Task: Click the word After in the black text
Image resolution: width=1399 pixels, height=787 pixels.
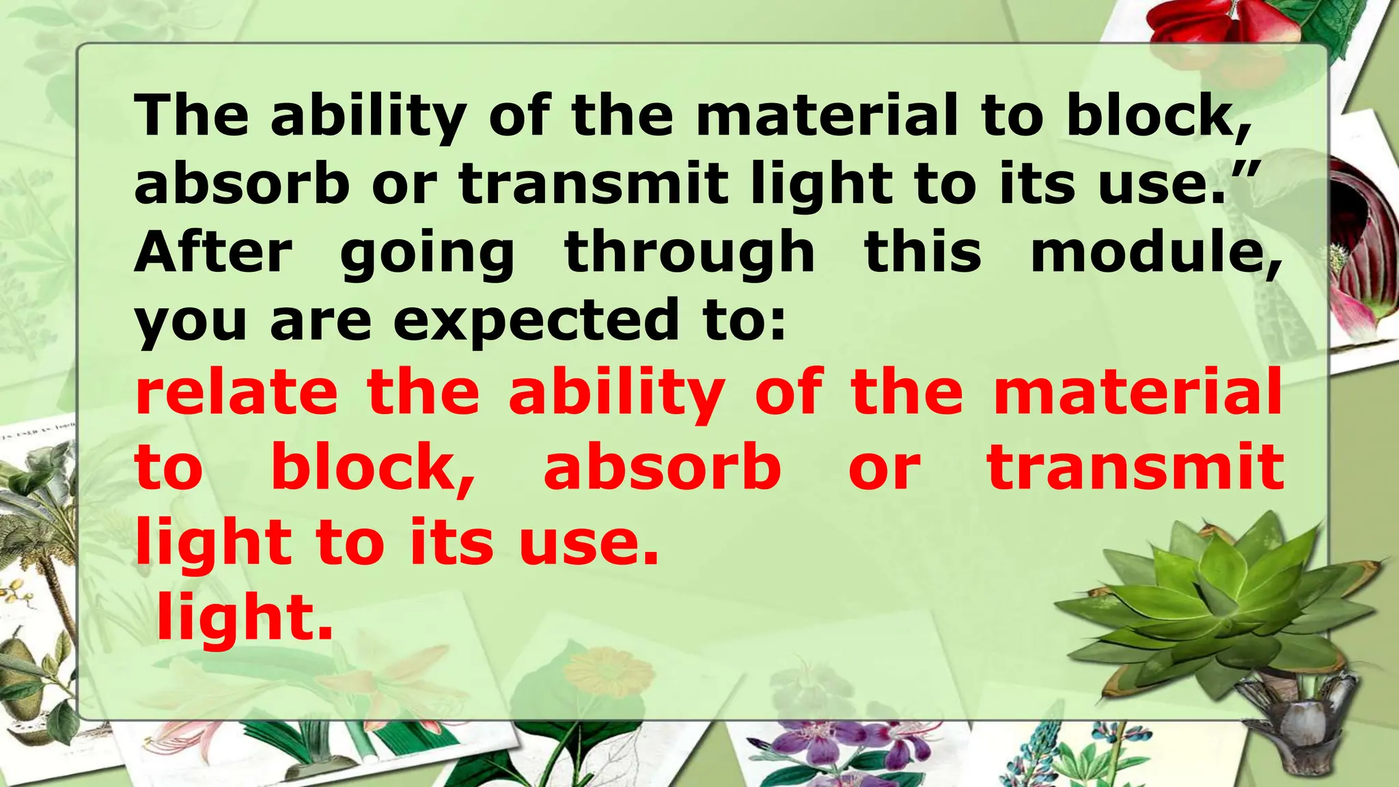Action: coord(214,253)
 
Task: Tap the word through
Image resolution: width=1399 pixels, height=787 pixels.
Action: coord(690,253)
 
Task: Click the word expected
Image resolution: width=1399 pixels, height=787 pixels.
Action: coord(536,321)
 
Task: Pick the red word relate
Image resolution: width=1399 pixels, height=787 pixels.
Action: coord(236,392)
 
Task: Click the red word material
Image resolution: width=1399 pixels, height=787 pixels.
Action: coord(1137,392)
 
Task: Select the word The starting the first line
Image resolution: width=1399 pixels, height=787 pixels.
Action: coord(192,115)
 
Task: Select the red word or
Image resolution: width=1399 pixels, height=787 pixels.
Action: coord(885,468)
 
